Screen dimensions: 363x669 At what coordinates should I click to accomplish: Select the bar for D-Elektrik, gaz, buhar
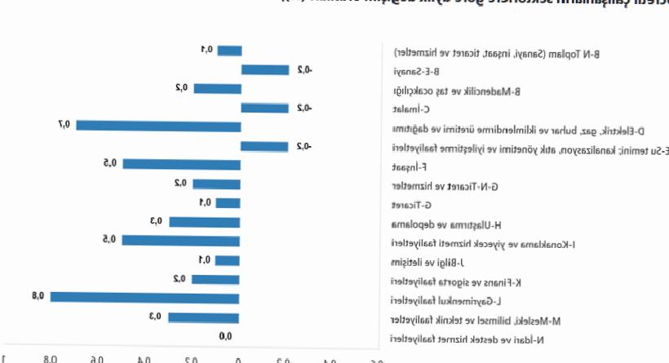point(158,126)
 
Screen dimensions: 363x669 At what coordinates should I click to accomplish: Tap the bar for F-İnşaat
point(181,164)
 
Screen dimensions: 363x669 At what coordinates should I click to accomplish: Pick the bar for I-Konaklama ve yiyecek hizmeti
point(180,240)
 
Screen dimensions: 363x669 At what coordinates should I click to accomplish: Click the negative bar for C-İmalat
point(264,108)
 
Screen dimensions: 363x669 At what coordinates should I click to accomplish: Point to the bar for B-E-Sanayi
point(264,69)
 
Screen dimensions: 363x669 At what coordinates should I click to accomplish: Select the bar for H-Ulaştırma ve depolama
point(204,222)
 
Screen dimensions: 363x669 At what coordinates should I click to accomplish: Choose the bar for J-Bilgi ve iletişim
point(228,260)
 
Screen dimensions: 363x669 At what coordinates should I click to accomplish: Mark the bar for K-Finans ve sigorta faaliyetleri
point(215,279)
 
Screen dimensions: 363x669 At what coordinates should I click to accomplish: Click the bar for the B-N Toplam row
point(228,51)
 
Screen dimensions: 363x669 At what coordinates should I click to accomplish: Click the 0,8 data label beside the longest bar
point(38,296)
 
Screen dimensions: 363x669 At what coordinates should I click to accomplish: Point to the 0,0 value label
point(226,335)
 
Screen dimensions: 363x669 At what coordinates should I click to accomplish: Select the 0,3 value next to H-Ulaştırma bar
point(157,221)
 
